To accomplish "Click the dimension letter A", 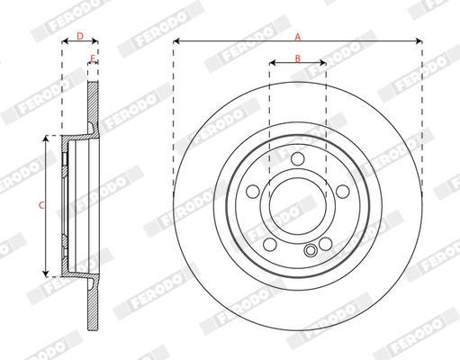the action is (x=297, y=37).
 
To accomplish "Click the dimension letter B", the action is (x=297, y=58).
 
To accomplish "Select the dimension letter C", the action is (x=42, y=205).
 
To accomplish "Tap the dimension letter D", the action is (x=80, y=36).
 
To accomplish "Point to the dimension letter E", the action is (x=93, y=58).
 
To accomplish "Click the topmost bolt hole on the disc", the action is (x=298, y=158).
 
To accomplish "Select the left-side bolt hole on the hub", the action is (x=253, y=192).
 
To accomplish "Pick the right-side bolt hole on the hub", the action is (x=343, y=192).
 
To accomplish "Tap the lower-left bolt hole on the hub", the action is (x=270, y=244).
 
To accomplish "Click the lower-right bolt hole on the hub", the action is (x=326, y=244).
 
